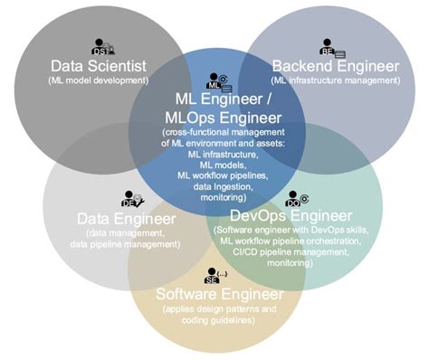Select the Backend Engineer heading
(x=335, y=65)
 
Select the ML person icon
(x=216, y=81)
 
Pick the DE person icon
(x=129, y=197)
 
